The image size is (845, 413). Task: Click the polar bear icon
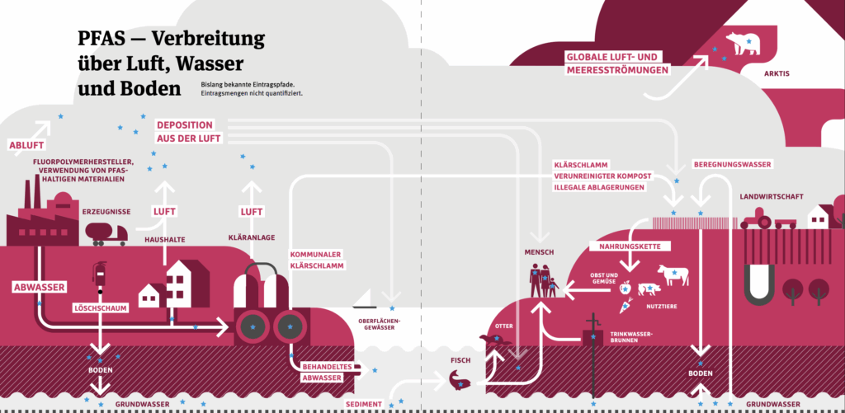(x=743, y=43)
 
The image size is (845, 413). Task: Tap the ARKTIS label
(x=777, y=74)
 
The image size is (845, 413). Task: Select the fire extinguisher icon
(x=100, y=273)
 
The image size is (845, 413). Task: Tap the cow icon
(x=673, y=275)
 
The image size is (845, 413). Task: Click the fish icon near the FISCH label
(x=460, y=379)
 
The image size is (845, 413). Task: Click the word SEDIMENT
(x=364, y=404)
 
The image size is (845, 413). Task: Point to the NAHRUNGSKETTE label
(x=630, y=246)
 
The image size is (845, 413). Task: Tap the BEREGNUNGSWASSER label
(x=732, y=165)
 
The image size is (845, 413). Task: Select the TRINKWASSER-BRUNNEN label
(x=630, y=337)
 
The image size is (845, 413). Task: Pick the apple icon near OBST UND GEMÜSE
(x=625, y=288)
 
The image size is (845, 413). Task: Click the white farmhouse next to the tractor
(x=818, y=215)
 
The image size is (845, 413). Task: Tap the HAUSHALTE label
(x=164, y=239)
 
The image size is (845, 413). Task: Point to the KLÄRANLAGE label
(x=251, y=238)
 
